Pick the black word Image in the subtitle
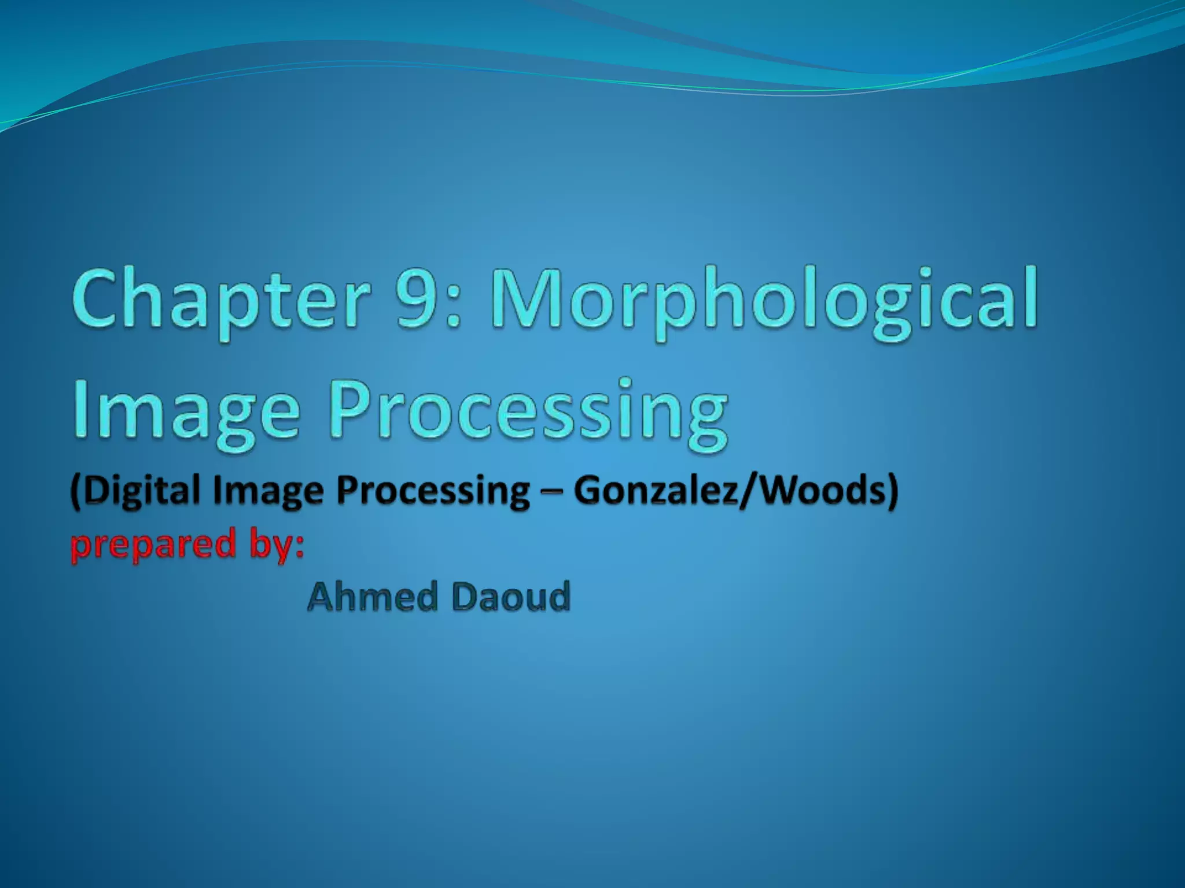coord(269,491)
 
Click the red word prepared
coord(153,545)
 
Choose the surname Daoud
coord(511,597)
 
